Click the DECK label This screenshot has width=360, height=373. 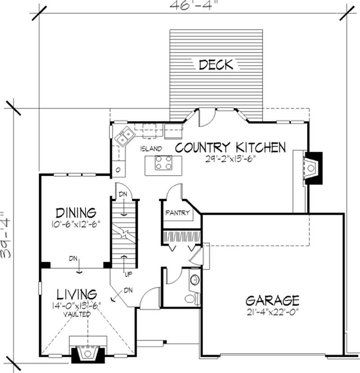[216, 65]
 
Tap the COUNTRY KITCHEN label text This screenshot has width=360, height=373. [230, 147]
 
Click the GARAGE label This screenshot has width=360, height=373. [272, 300]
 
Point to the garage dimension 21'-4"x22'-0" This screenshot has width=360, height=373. [272, 311]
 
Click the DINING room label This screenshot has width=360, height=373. [76, 212]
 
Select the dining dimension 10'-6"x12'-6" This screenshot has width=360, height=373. [76, 223]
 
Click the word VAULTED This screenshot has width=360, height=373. [76, 314]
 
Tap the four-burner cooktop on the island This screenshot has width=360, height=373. [163, 163]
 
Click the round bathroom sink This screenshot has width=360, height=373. [195, 280]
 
